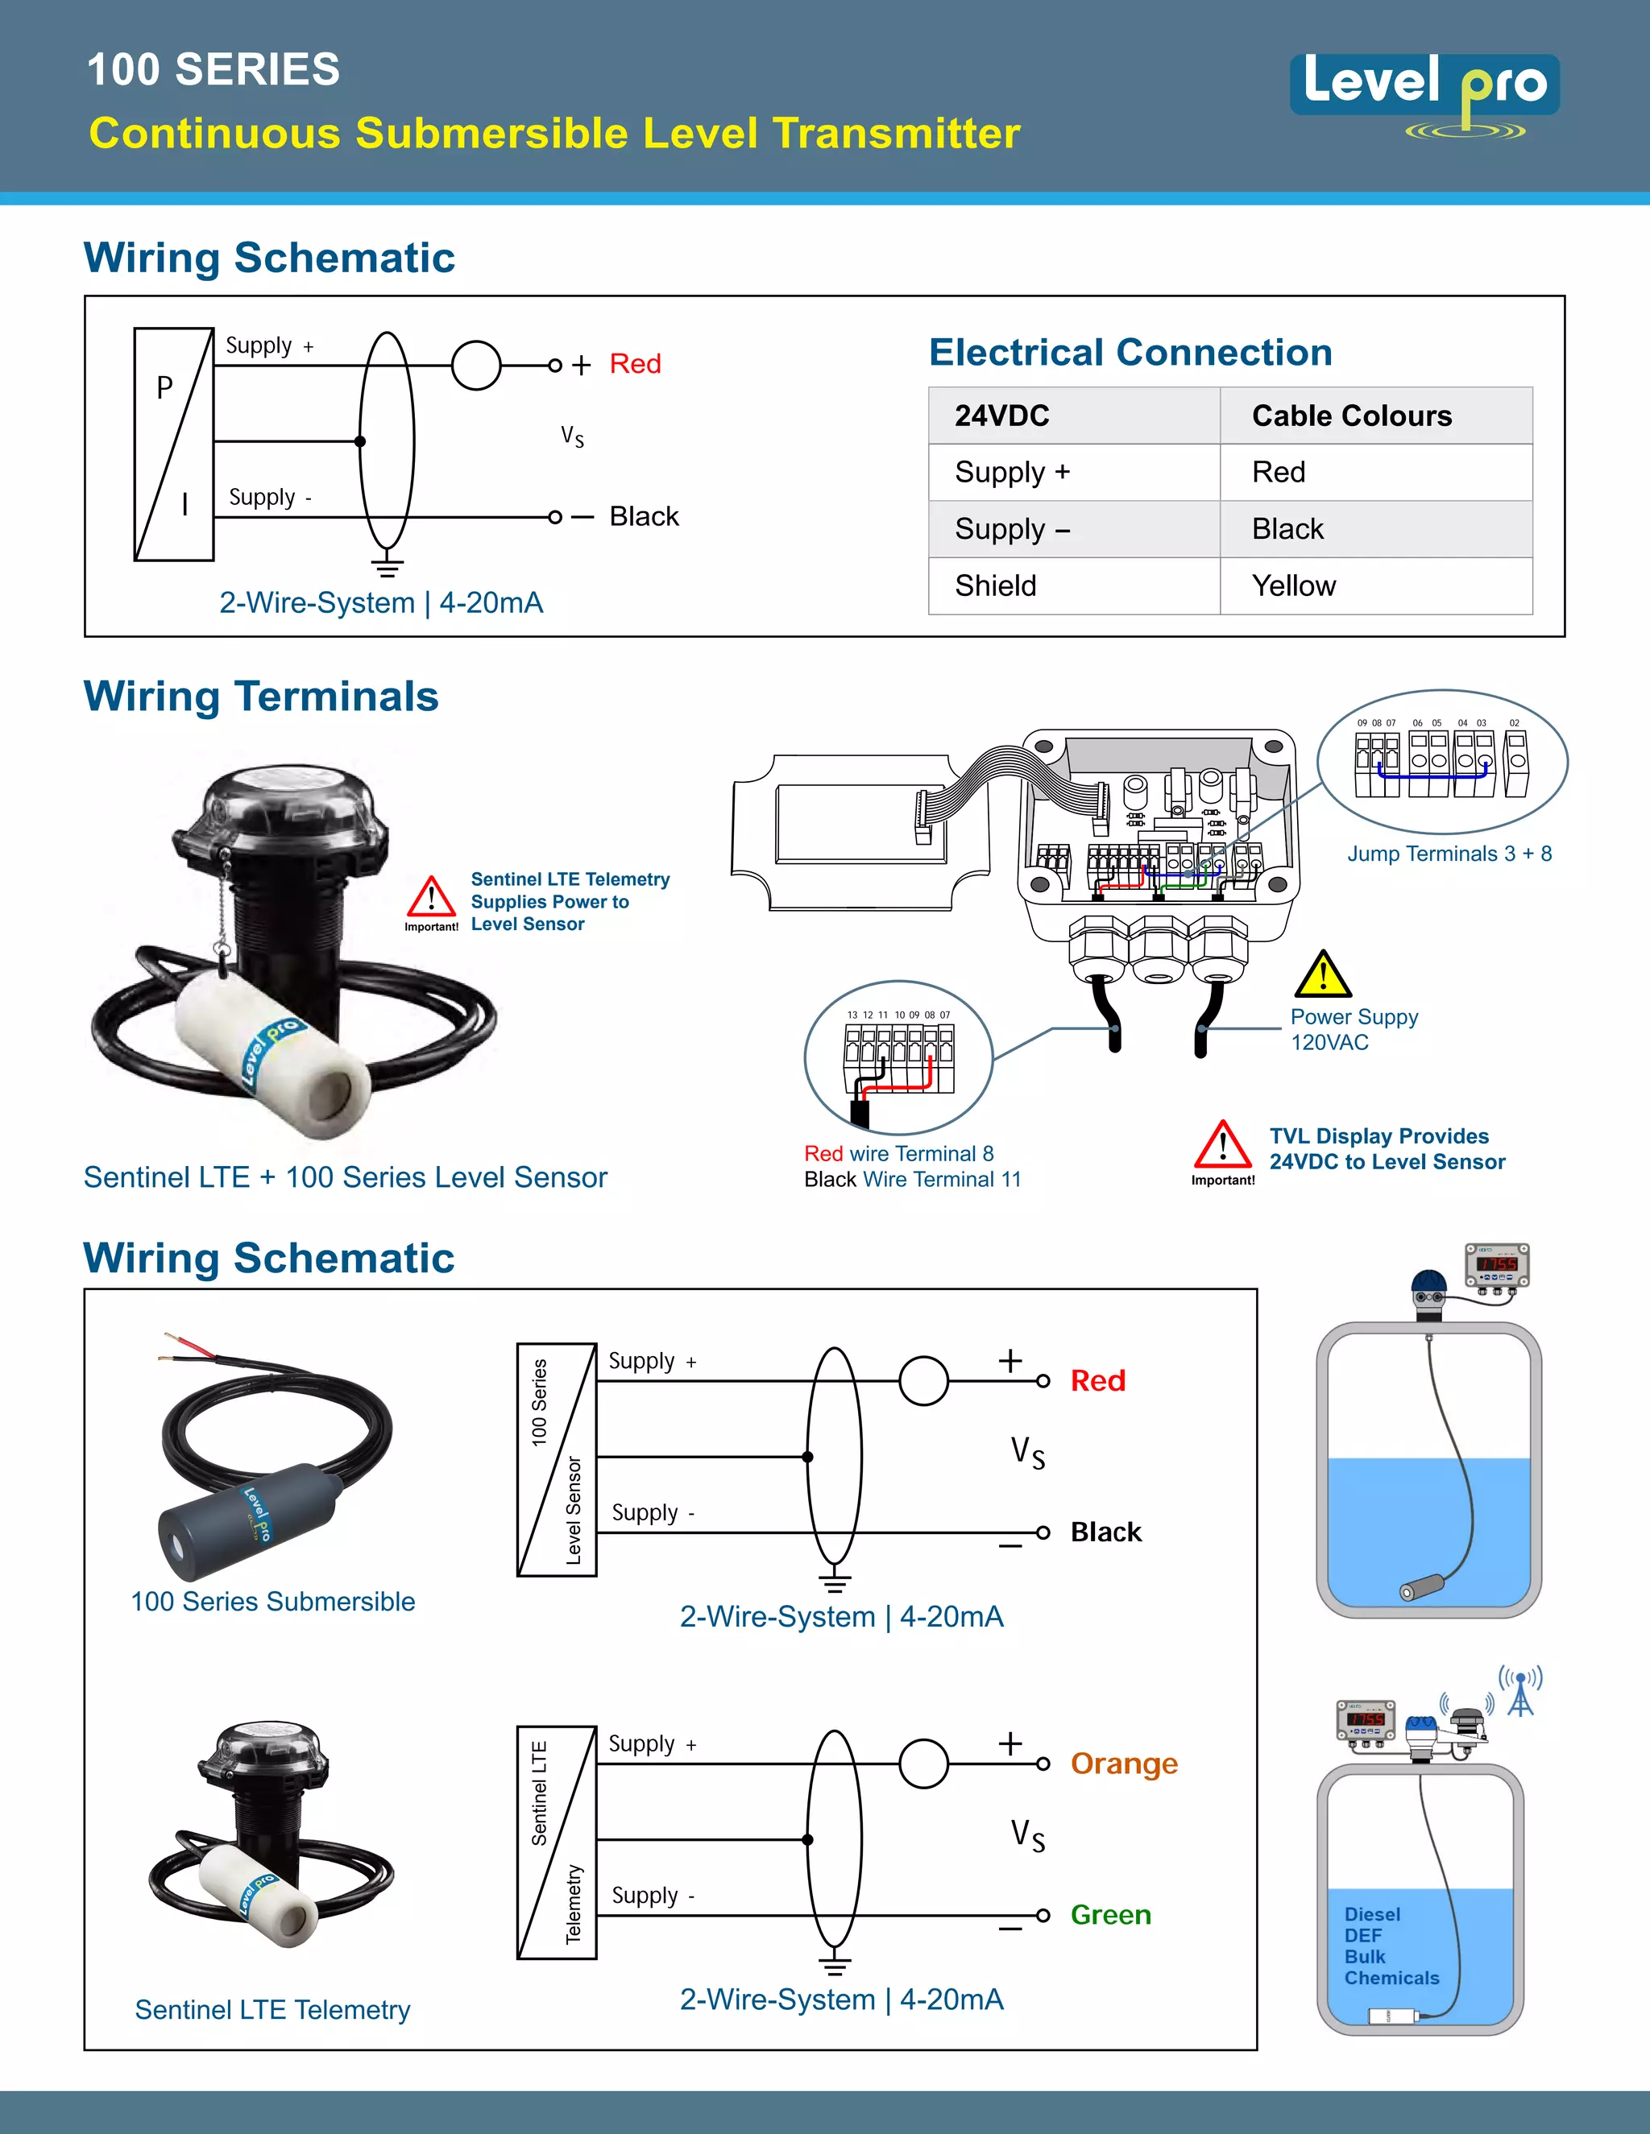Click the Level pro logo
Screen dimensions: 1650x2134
(x=1424, y=93)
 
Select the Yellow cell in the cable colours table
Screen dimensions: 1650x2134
(x=1293, y=586)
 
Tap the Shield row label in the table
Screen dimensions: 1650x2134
(x=995, y=586)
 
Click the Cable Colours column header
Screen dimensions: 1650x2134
(x=1351, y=416)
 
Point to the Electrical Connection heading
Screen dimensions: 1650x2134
(x=1130, y=353)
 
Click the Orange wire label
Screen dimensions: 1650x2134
(x=1123, y=1764)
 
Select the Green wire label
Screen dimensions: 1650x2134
(x=1110, y=1915)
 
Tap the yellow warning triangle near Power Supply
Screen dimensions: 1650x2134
(x=1323, y=974)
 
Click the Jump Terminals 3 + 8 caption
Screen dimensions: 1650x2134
(x=1449, y=854)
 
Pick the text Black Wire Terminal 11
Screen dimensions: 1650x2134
(x=912, y=1181)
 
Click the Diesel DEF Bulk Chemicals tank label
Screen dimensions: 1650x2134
(x=1390, y=1946)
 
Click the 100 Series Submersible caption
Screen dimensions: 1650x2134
(x=273, y=1602)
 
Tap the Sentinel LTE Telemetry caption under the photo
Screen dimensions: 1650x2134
(x=273, y=2010)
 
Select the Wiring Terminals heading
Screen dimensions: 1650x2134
(x=261, y=697)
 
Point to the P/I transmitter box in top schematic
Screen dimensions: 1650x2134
(x=174, y=445)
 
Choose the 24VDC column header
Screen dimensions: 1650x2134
(x=1002, y=416)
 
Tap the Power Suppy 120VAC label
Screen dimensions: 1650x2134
(x=1353, y=1030)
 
